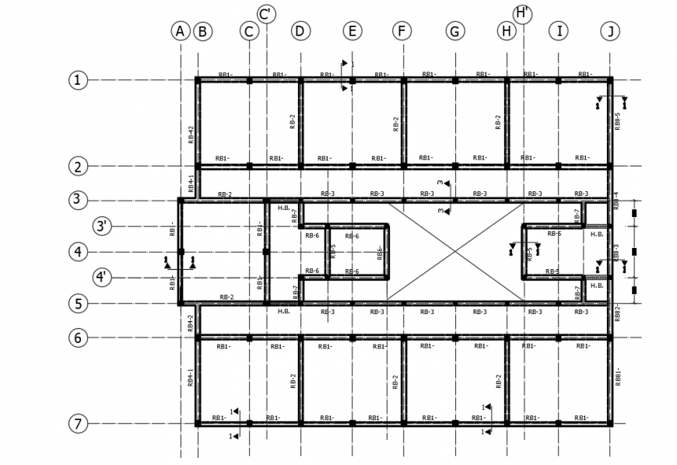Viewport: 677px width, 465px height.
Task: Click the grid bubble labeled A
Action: coord(180,31)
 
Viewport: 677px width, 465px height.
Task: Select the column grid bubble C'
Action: coord(266,14)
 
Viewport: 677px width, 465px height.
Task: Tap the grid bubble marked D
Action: coord(300,31)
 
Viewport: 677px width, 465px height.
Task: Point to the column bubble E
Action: coord(352,31)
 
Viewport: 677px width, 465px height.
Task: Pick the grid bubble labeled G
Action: coord(455,31)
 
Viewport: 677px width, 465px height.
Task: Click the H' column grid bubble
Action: coord(522,14)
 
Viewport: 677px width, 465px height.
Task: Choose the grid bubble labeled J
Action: coord(611,31)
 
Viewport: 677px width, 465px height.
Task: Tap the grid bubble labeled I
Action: coord(558,31)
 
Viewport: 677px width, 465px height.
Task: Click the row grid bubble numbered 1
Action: coord(78,79)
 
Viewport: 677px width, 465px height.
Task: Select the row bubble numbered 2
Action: coord(78,166)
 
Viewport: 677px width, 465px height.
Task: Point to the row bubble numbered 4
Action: coord(78,251)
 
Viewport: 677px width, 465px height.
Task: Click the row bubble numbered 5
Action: coord(78,303)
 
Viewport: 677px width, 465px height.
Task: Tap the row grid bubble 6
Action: coord(78,337)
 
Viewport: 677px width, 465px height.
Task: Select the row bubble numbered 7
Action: coord(78,424)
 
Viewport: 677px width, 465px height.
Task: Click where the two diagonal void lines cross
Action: coord(454,251)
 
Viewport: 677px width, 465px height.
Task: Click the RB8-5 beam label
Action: coord(618,121)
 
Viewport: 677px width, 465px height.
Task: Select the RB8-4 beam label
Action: coord(616,200)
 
